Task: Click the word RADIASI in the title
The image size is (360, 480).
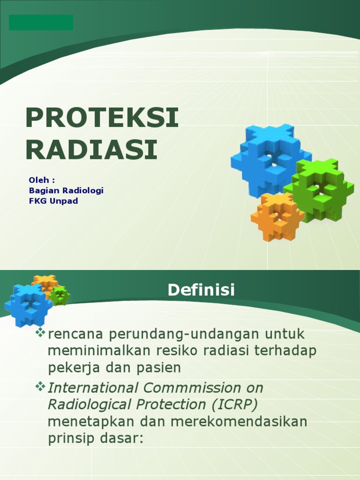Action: tap(91, 150)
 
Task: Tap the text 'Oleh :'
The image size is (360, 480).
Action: tap(42, 180)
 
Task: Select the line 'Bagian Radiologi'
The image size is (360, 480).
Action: tap(66, 190)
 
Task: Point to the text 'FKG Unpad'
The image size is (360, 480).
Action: tap(53, 201)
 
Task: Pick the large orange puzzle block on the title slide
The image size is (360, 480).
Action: tap(277, 216)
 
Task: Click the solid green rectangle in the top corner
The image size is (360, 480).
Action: tap(41, 22)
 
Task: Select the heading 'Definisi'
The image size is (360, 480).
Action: tap(201, 290)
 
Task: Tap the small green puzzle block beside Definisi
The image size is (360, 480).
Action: tap(60, 296)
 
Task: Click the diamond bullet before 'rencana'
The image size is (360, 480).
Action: tap(41, 333)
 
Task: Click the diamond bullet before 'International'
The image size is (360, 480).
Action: tap(41, 387)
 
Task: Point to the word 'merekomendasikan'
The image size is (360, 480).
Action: tap(239, 421)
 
